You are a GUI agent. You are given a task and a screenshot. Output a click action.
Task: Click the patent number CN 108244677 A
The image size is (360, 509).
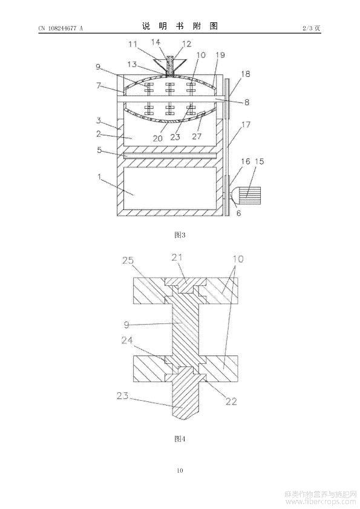pos(61,28)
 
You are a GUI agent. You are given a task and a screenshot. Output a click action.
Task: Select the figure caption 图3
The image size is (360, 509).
pos(180,235)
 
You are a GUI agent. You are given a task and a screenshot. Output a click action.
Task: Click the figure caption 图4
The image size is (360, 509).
pos(180,439)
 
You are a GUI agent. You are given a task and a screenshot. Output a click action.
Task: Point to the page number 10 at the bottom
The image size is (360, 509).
pos(180,470)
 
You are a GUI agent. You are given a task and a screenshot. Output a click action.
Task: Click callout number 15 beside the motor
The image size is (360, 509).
pos(260,161)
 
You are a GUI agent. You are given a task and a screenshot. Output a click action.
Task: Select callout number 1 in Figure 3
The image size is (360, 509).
pos(99,177)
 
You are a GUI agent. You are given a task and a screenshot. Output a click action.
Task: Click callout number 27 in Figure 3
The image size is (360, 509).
pos(197,136)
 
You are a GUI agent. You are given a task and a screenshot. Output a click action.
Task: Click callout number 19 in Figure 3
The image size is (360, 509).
pos(220,54)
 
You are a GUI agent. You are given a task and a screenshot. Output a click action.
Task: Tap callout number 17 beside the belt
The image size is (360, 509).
pos(246,124)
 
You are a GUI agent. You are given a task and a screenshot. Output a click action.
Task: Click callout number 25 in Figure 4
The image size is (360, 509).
pos(128,261)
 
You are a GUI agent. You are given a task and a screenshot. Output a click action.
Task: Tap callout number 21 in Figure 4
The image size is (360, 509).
pos(177,257)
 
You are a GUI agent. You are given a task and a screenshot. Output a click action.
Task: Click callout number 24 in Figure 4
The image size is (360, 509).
pos(128,340)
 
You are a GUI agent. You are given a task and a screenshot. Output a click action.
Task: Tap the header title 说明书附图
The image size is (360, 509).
pos(180,27)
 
